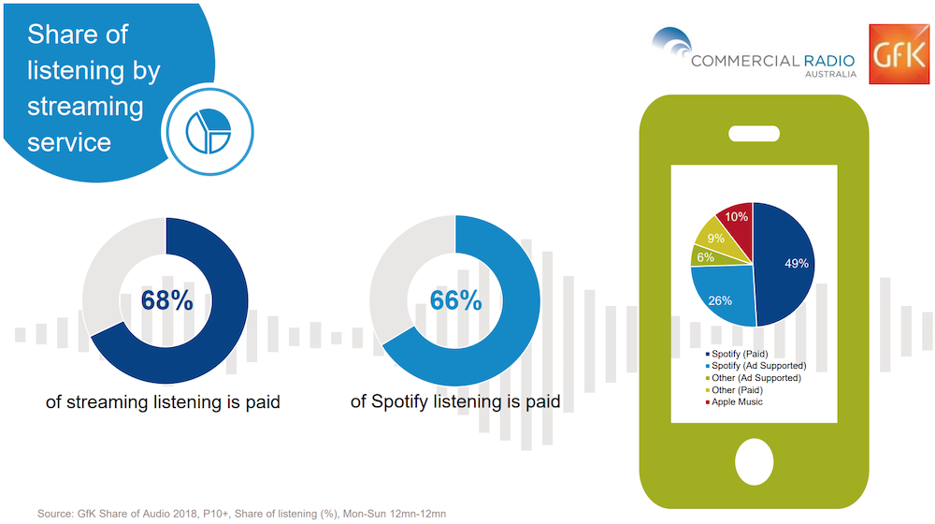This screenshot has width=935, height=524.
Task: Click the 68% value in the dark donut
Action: pyautogui.click(x=167, y=300)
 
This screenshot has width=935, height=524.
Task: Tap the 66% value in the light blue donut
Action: pyautogui.click(x=455, y=300)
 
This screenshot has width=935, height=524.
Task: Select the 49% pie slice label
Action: pyautogui.click(x=796, y=263)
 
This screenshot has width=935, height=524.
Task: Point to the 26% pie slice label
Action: pyautogui.click(x=720, y=300)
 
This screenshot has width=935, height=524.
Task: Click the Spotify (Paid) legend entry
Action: pyautogui.click(x=737, y=354)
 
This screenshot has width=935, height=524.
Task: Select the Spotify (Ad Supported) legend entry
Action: pyautogui.click(x=755, y=366)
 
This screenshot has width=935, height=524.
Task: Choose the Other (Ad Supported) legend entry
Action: pyautogui.click(x=753, y=378)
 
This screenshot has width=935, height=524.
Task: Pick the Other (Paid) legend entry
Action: pyautogui.click(x=734, y=389)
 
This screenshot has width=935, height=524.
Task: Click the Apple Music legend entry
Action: pyautogui.click(x=734, y=401)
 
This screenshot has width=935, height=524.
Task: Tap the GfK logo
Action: pyautogui.click(x=899, y=54)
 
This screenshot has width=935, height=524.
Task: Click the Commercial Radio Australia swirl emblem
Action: pyautogui.click(x=672, y=42)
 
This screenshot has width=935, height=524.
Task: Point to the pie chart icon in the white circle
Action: pyautogui.click(x=209, y=131)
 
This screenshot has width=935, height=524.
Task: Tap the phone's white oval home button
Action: pyautogui.click(x=755, y=462)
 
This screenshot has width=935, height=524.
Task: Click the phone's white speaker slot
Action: pyautogui.click(x=755, y=134)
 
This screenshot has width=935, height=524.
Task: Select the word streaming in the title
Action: pyautogui.click(x=85, y=108)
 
